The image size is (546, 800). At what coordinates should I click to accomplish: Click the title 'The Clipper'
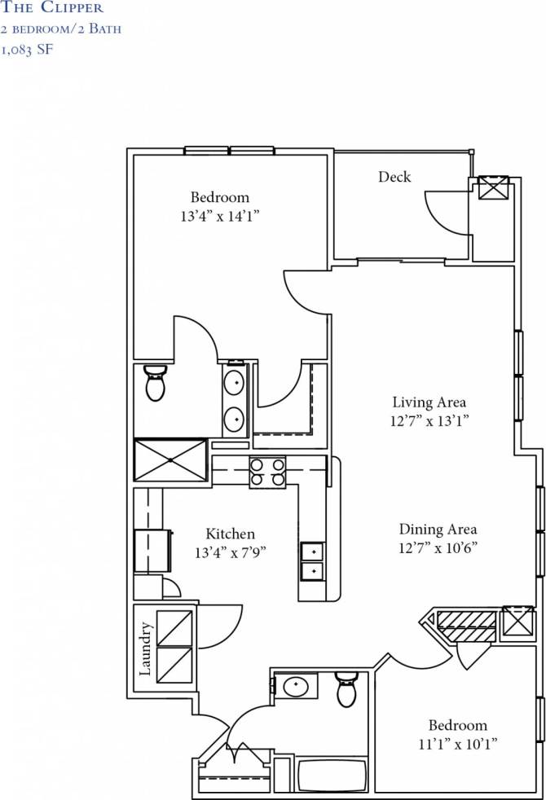(53, 8)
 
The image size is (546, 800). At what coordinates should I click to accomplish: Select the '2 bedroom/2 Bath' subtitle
(62, 29)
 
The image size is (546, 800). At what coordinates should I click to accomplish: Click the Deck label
(394, 177)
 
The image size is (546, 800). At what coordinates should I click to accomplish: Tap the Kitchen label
(230, 534)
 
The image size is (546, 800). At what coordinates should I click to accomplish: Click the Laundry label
(146, 649)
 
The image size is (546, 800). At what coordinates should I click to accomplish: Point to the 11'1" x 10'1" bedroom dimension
(458, 744)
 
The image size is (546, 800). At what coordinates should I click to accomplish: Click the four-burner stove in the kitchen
(267, 472)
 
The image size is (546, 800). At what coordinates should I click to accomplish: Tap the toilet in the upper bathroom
(155, 382)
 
